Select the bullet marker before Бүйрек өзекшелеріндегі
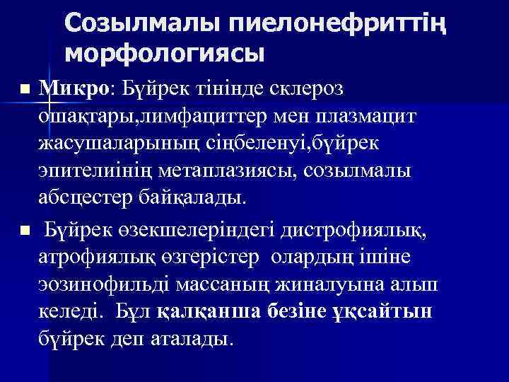24,230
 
